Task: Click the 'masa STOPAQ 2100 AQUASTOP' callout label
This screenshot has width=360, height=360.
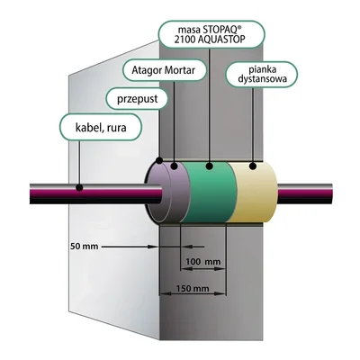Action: coord(211,34)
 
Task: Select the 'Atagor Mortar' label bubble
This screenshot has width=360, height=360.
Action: coord(165,70)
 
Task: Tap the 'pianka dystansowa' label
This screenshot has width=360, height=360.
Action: coord(262,75)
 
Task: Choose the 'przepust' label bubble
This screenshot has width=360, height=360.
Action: coord(137,98)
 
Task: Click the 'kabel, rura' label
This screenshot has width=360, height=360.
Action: coord(101,128)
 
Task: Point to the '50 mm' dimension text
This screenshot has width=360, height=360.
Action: coord(85,247)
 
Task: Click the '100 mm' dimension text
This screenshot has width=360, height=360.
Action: coord(203,262)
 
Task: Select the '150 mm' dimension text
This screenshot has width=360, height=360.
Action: coord(193,289)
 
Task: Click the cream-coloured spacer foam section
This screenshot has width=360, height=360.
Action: coord(255,192)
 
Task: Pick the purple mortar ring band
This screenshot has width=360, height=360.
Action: coord(177,192)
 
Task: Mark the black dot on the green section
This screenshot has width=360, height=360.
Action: coord(210,166)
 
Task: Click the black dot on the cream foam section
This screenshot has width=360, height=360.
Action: coord(253,166)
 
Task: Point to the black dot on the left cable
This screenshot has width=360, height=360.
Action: coord(79,188)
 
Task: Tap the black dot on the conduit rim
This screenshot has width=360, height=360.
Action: coord(159,160)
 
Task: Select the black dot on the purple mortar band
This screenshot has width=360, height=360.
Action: coord(174,166)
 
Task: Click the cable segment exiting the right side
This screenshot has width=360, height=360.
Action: coord(304,193)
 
